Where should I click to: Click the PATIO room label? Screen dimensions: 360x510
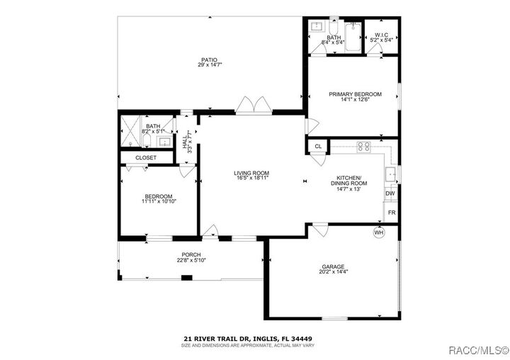click(x=208, y=60)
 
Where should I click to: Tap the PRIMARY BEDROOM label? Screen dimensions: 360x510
click(x=355, y=94)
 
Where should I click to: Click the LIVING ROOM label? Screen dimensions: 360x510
click(x=251, y=173)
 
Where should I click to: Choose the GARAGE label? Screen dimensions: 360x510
click(x=333, y=266)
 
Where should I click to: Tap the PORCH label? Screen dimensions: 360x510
click(x=191, y=254)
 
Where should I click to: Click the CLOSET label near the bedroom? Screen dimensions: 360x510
click(x=146, y=157)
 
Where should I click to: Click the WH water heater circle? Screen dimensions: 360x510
click(x=378, y=232)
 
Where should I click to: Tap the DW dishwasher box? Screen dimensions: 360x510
click(x=390, y=193)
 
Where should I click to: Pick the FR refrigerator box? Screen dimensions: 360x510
click(x=390, y=212)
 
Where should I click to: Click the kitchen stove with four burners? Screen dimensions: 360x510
click(x=364, y=147)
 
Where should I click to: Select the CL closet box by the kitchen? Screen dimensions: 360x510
click(x=318, y=147)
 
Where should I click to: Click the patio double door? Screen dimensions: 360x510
click(x=253, y=106)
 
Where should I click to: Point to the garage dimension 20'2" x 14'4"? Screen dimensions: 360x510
click(x=333, y=272)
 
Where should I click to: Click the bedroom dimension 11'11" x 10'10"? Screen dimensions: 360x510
click(x=159, y=202)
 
